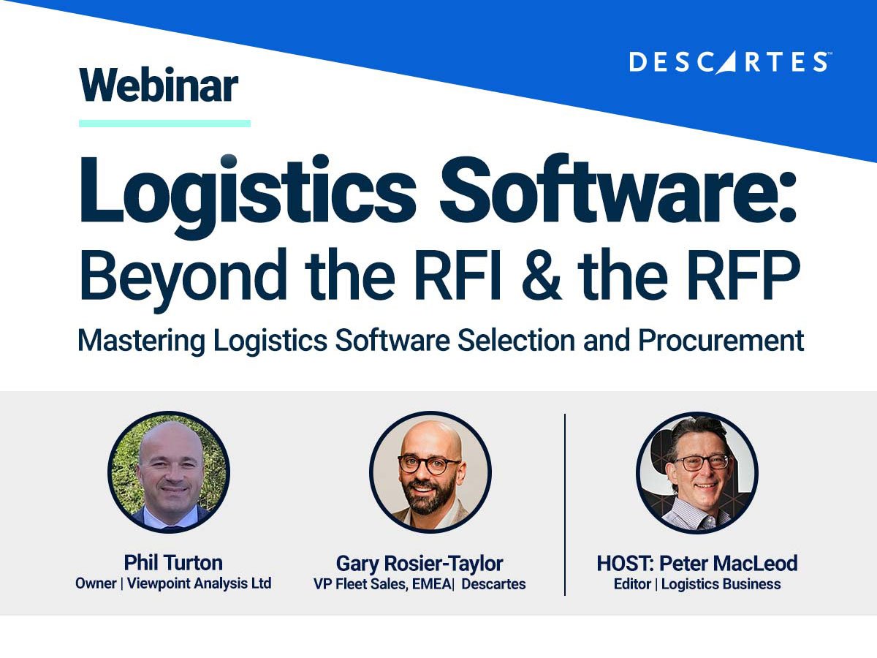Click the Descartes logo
(729, 62)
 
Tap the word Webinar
(159, 86)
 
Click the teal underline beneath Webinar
(164, 124)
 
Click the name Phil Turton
(173, 562)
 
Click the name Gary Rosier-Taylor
(419, 563)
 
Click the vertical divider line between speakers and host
(565, 504)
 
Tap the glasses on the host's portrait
(702, 462)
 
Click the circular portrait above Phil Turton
(169, 472)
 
